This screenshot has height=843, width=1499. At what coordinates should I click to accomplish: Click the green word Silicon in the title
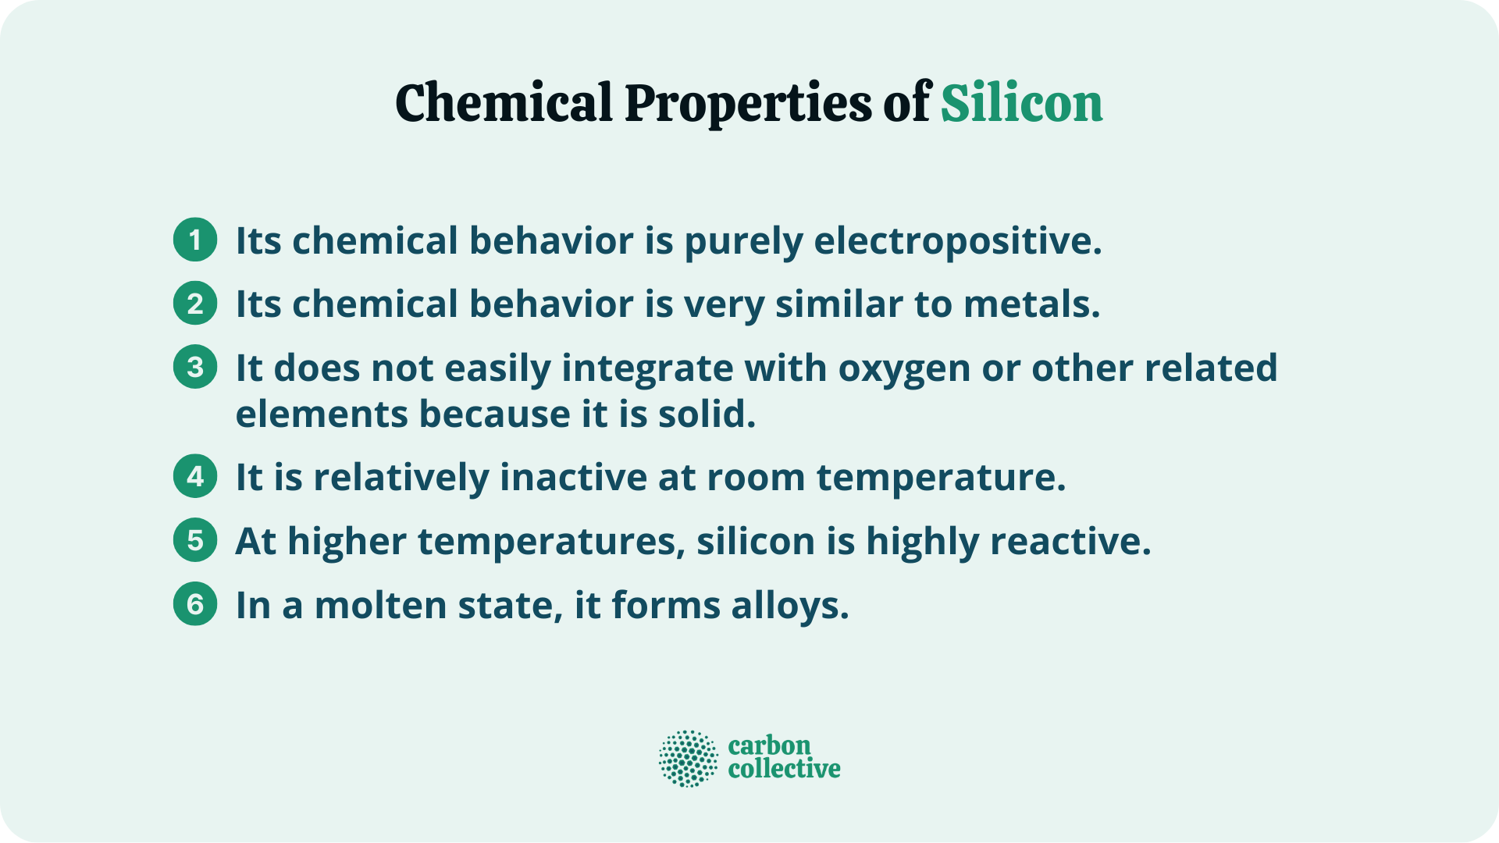(x=1021, y=103)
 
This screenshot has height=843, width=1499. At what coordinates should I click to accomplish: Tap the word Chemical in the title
(x=504, y=103)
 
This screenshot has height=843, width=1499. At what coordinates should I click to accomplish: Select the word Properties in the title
(x=747, y=105)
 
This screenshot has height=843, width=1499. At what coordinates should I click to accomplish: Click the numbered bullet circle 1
(x=195, y=239)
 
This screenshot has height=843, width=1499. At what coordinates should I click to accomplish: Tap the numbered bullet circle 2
(x=195, y=303)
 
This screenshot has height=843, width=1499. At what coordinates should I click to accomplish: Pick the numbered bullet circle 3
(x=195, y=367)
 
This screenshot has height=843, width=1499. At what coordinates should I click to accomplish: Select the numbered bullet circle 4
(x=195, y=476)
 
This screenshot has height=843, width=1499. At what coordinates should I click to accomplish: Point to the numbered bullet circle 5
(x=195, y=540)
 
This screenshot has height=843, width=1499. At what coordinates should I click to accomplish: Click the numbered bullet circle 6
(x=195, y=604)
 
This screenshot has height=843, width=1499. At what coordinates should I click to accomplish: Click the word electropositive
(x=957, y=240)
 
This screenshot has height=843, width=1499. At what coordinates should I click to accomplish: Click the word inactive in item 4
(x=573, y=477)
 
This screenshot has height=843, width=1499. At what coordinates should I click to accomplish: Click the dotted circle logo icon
(x=688, y=759)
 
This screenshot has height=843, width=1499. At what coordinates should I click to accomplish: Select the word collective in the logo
(x=784, y=770)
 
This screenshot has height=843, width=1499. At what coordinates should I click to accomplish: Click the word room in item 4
(x=755, y=478)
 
